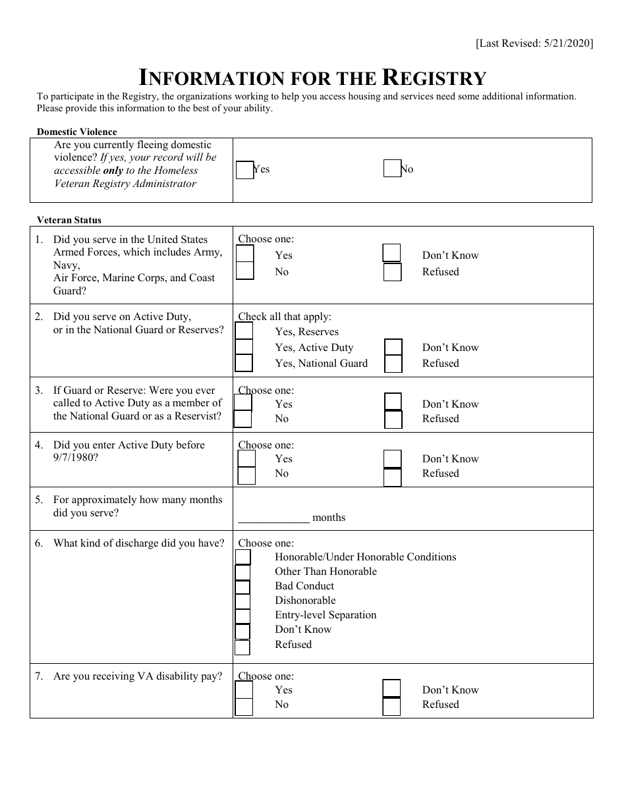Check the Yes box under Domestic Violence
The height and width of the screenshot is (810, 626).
click(244, 170)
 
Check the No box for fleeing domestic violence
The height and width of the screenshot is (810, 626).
click(392, 169)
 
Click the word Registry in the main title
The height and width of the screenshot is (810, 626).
click(434, 78)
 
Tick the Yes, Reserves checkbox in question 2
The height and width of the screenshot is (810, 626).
click(244, 331)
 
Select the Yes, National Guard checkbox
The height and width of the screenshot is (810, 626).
click(244, 363)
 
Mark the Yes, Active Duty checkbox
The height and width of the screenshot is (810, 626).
click(244, 347)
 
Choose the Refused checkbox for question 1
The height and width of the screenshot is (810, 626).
click(392, 272)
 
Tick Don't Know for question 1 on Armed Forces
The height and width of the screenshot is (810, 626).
click(392, 254)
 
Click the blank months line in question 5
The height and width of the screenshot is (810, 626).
click(273, 517)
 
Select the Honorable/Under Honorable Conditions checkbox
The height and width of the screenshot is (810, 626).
click(243, 557)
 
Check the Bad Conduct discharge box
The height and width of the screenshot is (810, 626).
click(243, 587)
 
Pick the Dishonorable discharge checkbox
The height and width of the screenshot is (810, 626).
click(243, 601)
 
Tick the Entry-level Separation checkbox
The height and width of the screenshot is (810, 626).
click(243, 616)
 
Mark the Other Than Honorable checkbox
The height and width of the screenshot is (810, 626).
click(243, 572)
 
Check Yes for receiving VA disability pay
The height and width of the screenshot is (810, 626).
click(244, 689)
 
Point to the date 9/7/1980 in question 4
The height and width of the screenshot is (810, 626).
click(76, 458)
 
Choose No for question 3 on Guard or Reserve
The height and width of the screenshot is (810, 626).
click(243, 419)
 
